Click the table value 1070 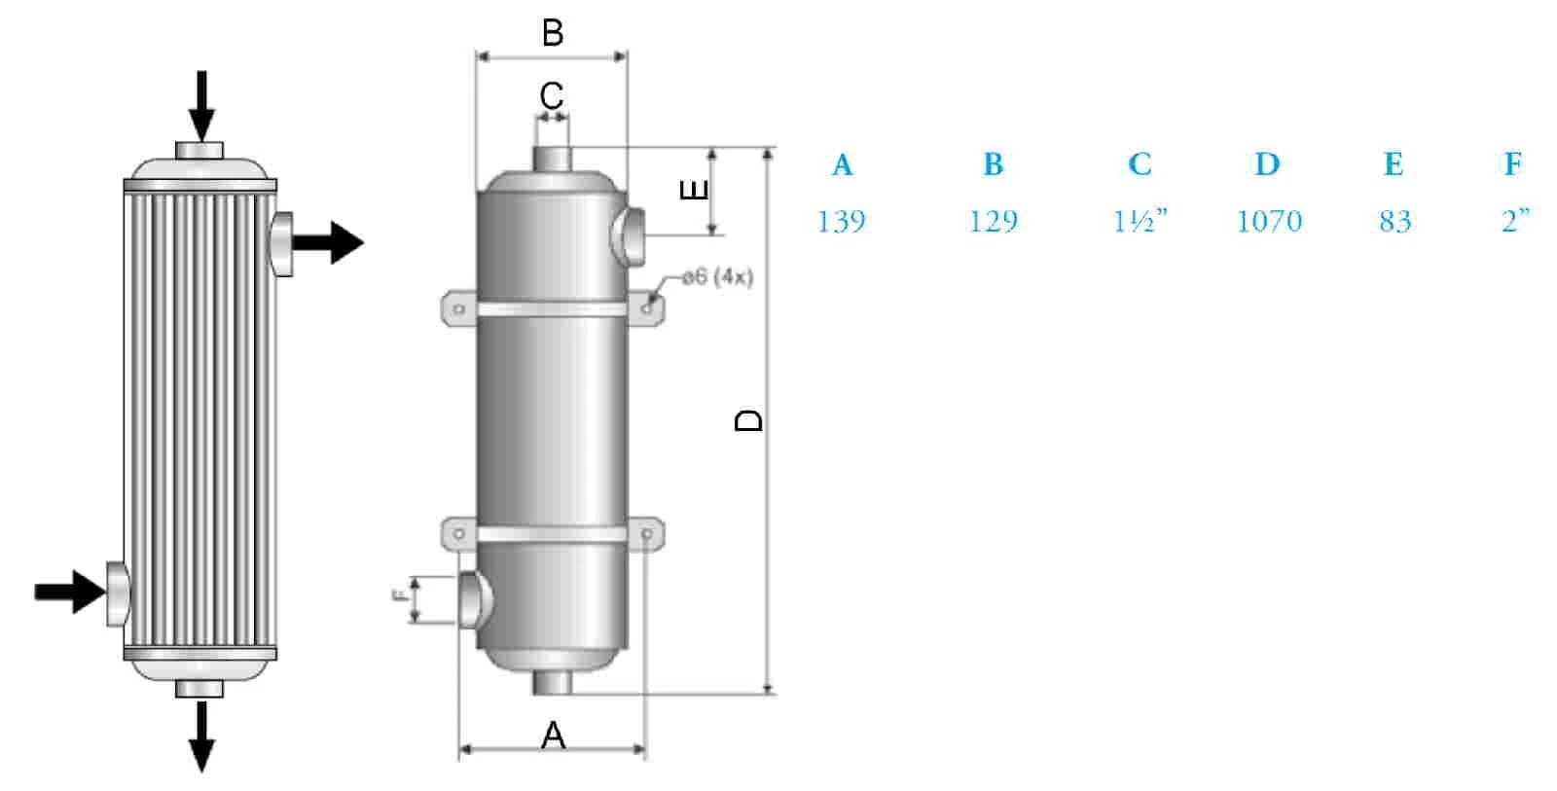(1269, 221)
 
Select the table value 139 (841, 221)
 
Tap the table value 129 (994, 221)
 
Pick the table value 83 (1394, 221)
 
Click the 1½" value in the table (1140, 221)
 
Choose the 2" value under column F (1515, 221)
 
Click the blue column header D (1267, 164)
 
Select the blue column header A (842, 164)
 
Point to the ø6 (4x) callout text (718, 276)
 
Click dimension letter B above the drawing (553, 32)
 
